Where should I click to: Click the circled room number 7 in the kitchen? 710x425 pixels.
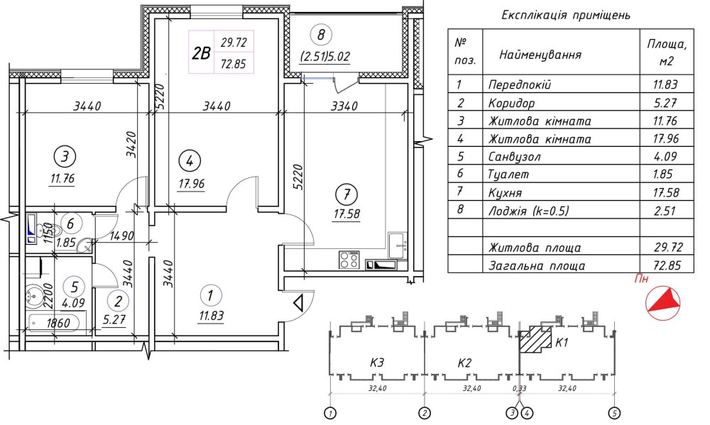click(346, 194)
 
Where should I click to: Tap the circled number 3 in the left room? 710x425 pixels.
click(64, 155)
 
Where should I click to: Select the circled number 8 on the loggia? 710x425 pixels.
click(322, 34)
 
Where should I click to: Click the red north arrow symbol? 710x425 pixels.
click(665, 299)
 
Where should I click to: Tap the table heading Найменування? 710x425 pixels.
click(541, 55)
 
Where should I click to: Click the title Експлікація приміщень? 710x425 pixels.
click(565, 15)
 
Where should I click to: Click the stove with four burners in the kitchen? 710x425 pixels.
click(349, 260)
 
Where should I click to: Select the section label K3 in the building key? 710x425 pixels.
click(376, 363)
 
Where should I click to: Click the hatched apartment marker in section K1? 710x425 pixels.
click(537, 340)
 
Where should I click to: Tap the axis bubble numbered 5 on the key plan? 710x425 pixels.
click(614, 412)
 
